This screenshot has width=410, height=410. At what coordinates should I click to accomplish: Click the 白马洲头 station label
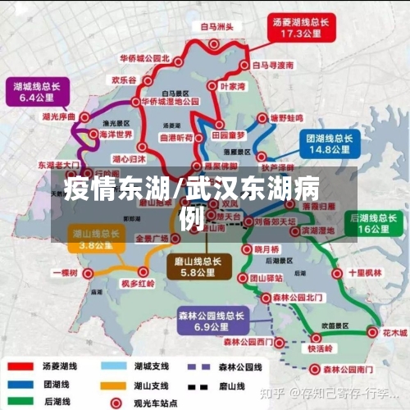[217, 25]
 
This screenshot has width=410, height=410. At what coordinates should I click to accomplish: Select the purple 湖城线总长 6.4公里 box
[37, 91]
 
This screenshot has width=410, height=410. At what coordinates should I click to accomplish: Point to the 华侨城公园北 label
[143, 59]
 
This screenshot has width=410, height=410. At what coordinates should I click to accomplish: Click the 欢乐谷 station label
[124, 80]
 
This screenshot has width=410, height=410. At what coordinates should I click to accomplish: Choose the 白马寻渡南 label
[273, 64]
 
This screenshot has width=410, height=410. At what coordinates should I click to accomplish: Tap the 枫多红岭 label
[137, 283]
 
